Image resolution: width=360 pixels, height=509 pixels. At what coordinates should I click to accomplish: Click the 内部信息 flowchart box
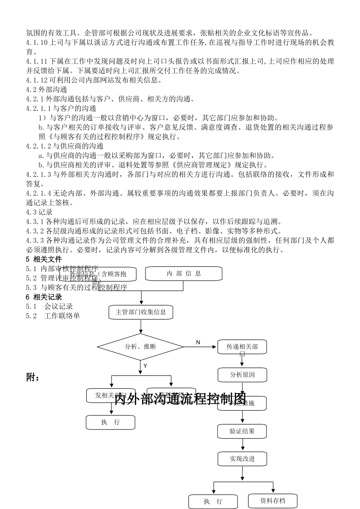(184, 273)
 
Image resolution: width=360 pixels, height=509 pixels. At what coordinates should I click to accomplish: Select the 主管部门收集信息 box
(141, 312)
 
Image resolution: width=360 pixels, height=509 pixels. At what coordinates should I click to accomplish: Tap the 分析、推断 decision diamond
(141, 347)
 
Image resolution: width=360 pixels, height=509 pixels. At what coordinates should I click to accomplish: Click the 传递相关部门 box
(242, 347)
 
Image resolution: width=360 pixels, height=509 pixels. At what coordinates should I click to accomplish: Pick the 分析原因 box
(242, 375)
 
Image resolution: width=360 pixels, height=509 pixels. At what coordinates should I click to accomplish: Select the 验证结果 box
(242, 431)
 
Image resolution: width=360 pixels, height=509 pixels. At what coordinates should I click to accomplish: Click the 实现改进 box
(242, 459)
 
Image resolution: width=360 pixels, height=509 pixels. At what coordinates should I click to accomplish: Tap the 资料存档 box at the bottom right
(272, 501)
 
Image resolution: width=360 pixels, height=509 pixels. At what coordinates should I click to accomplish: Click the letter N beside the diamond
(198, 342)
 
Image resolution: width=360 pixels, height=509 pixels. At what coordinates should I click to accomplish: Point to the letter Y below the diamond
(145, 366)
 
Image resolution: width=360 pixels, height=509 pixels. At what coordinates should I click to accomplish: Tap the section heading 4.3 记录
(39, 212)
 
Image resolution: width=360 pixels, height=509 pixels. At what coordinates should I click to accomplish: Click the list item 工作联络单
(62, 315)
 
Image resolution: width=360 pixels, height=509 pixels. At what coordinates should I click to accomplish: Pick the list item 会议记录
(58, 306)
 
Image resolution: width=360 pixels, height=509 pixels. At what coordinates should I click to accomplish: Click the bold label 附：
(33, 378)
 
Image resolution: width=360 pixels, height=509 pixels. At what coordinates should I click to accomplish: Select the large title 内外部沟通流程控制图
(180, 398)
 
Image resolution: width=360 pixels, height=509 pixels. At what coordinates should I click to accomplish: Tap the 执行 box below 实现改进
(213, 501)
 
